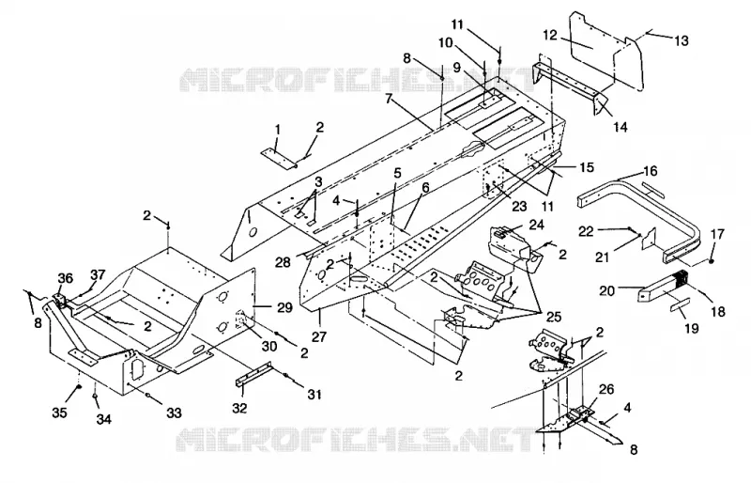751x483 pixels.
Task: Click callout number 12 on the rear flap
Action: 550,35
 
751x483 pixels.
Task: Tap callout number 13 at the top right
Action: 681,40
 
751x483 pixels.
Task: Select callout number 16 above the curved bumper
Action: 650,171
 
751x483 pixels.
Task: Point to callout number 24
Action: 536,225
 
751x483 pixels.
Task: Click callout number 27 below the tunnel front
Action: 319,336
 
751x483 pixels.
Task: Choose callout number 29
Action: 284,307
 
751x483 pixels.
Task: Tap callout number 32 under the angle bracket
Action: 239,408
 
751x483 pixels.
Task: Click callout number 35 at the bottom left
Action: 59,413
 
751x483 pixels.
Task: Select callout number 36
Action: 65,278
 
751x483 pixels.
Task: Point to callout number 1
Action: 277,129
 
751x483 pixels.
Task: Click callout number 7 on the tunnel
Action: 389,99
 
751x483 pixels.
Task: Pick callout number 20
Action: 606,290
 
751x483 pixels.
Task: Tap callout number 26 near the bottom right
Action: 606,389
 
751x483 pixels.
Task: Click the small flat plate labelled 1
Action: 279,159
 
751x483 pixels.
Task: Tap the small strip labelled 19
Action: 680,306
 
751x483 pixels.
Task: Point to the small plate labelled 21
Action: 648,239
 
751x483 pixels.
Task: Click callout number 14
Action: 620,127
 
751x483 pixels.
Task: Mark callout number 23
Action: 520,206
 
